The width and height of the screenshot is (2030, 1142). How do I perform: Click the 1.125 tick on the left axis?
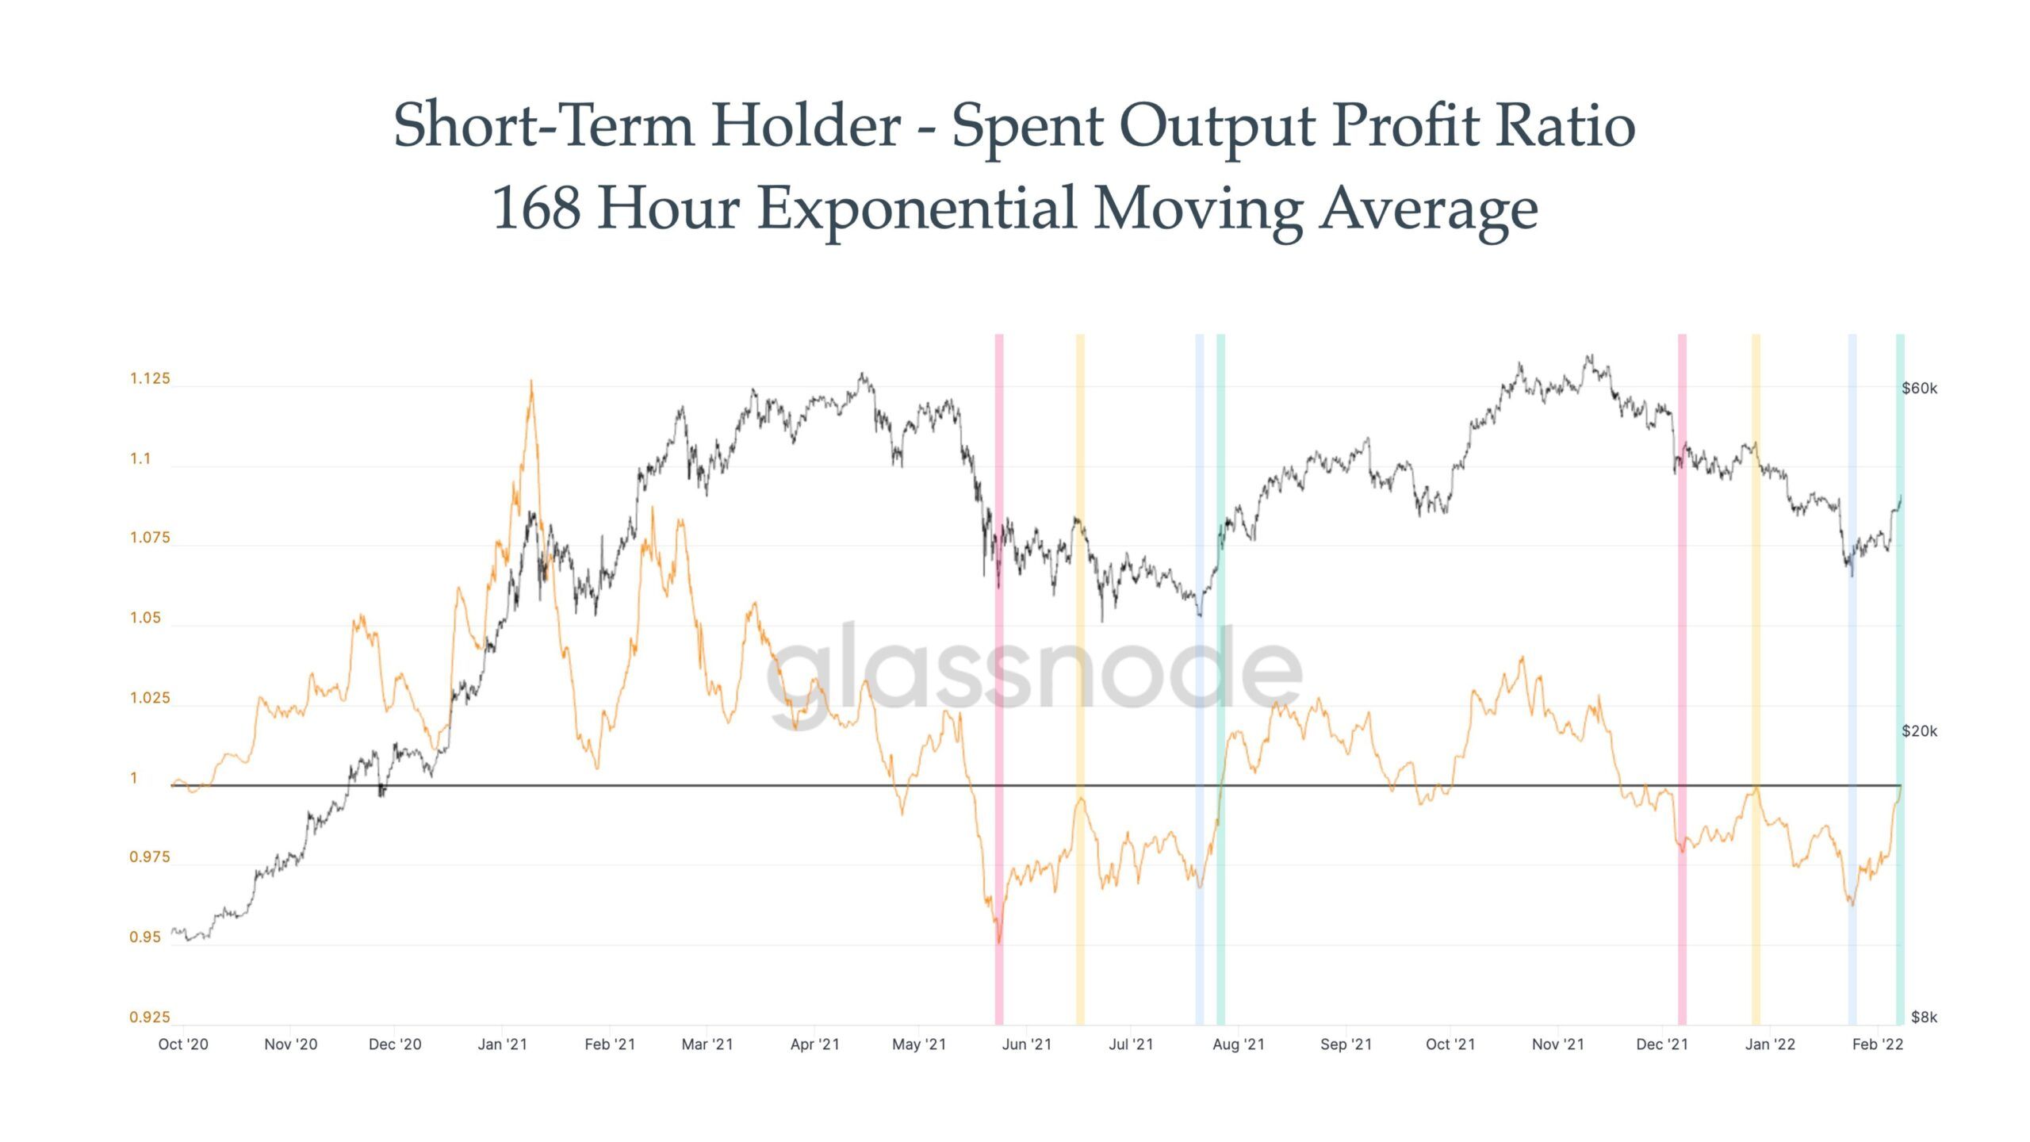(150, 379)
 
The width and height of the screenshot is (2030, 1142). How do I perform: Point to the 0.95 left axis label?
(145, 937)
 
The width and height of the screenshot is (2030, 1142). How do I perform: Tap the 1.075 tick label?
(150, 538)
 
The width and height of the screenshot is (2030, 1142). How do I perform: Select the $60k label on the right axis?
(1919, 389)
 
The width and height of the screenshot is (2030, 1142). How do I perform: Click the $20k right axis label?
(1919, 731)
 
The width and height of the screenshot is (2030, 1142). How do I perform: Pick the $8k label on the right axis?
(1924, 1017)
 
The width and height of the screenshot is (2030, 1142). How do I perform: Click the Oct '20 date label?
(183, 1044)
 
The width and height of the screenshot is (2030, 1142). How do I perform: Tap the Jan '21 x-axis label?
(502, 1044)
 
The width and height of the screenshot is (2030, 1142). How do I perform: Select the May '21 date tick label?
(919, 1044)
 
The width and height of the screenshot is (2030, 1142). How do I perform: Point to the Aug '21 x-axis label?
(1238, 1044)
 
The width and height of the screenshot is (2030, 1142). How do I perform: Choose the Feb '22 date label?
(1877, 1044)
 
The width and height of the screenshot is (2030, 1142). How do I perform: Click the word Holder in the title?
(806, 125)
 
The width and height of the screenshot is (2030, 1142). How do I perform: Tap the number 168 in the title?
(536, 208)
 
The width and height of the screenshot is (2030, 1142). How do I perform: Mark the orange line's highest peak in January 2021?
(531, 381)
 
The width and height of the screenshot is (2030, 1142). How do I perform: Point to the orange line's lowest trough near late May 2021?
(999, 942)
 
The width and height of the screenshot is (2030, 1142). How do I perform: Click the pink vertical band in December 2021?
(1682, 674)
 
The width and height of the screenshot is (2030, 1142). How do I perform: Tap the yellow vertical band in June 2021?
(1080, 674)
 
